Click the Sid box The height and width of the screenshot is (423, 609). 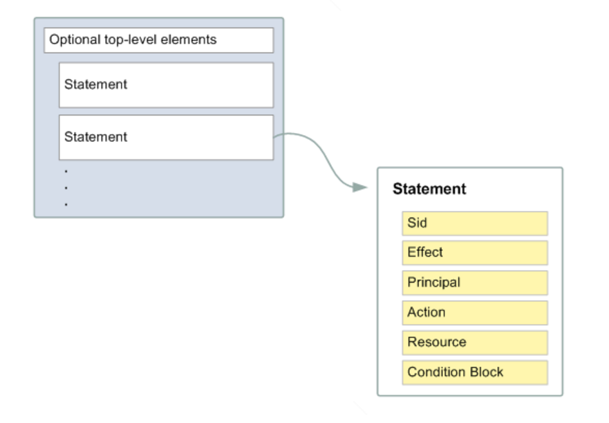(x=475, y=224)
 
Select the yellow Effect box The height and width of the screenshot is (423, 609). (x=475, y=253)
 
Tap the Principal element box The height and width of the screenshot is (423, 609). (x=475, y=282)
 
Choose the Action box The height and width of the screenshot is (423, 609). (x=475, y=312)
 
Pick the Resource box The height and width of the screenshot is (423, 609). (x=475, y=343)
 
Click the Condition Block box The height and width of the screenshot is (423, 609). (x=475, y=372)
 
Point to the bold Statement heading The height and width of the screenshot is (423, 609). (x=429, y=189)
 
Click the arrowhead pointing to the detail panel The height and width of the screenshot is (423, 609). (x=360, y=188)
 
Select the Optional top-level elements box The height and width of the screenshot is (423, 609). (x=158, y=40)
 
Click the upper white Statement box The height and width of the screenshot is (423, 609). (x=166, y=85)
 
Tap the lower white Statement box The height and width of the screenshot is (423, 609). (x=166, y=137)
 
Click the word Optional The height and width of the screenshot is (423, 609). (x=75, y=39)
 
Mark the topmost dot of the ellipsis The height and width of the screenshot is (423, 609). (x=66, y=171)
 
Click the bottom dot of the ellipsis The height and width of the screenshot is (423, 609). (x=66, y=204)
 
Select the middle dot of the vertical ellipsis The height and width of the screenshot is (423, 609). (x=66, y=188)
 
